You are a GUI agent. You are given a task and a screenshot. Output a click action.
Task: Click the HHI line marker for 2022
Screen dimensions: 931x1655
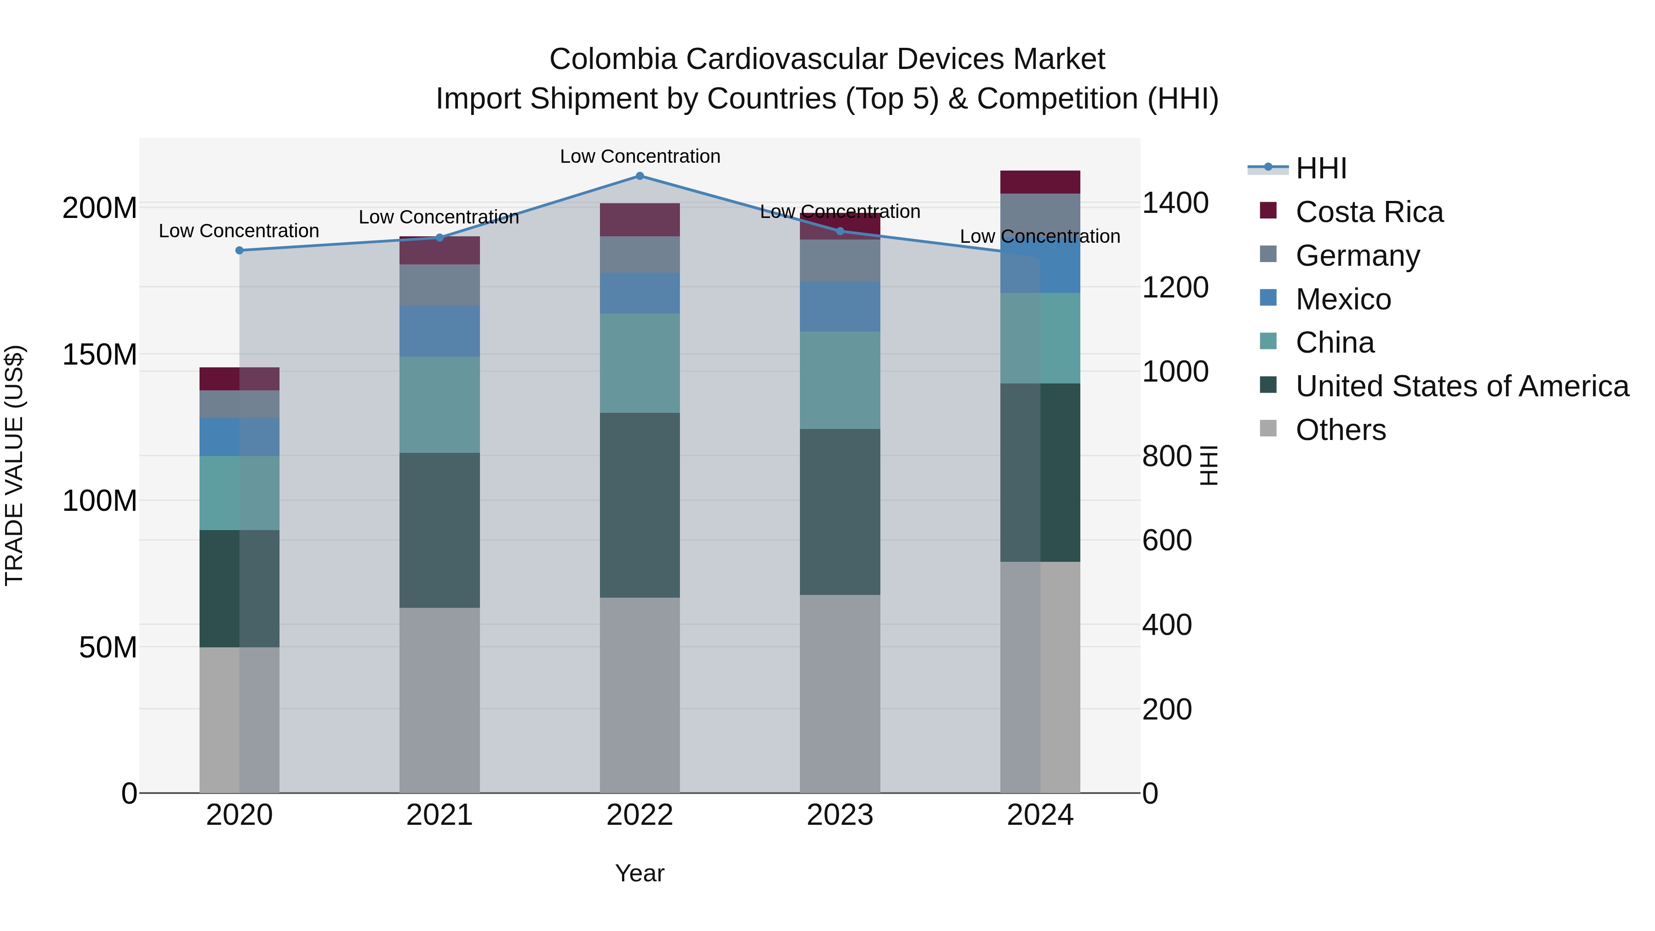coord(639,176)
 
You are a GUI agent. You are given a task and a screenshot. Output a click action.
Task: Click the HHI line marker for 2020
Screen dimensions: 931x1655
coord(240,251)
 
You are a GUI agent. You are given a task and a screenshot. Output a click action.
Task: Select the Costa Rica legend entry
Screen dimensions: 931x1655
coord(1369,212)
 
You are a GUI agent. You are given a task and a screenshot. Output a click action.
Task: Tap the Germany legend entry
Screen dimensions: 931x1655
coord(1357,256)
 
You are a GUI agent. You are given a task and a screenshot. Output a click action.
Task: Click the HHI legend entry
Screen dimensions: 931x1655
coord(1320,168)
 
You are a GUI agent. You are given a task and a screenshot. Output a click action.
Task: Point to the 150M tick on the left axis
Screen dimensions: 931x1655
coord(100,354)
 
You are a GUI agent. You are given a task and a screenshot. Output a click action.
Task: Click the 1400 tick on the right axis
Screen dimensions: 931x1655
coord(1175,203)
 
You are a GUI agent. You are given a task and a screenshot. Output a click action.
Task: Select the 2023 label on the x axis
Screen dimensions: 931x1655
coord(840,815)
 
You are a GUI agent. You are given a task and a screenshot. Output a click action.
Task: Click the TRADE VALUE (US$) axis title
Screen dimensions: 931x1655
coord(14,465)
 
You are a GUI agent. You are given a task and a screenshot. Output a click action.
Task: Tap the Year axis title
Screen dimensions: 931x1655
coord(639,873)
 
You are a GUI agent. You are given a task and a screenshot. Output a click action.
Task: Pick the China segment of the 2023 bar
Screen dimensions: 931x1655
coord(840,380)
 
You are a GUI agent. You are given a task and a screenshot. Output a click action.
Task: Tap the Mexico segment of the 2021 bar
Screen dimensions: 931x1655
coord(439,331)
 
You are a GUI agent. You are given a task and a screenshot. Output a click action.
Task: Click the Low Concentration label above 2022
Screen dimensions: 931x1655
coord(640,156)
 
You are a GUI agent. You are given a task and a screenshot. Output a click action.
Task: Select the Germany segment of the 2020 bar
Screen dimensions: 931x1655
coord(239,404)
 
